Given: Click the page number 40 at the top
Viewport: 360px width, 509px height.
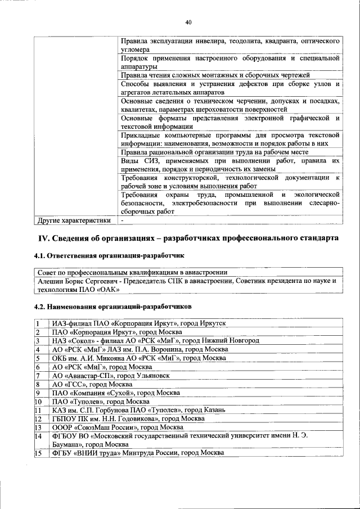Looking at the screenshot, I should point(188,22).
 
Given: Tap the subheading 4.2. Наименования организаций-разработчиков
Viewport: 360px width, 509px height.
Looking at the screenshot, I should point(112,307).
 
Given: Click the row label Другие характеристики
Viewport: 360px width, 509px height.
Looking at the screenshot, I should point(73,220).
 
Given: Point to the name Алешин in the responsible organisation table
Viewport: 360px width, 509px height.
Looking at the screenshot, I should point(51,280).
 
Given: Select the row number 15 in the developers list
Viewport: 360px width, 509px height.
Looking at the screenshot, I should point(38,453).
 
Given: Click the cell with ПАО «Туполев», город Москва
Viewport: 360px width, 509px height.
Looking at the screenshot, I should point(101,402).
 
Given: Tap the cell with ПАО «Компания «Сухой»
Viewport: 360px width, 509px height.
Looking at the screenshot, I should point(112,393).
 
